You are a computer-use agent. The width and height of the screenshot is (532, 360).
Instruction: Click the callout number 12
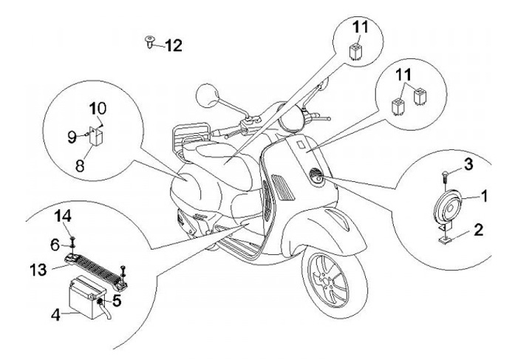[172, 46]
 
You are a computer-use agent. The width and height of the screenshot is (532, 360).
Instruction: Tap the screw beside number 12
[150, 41]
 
